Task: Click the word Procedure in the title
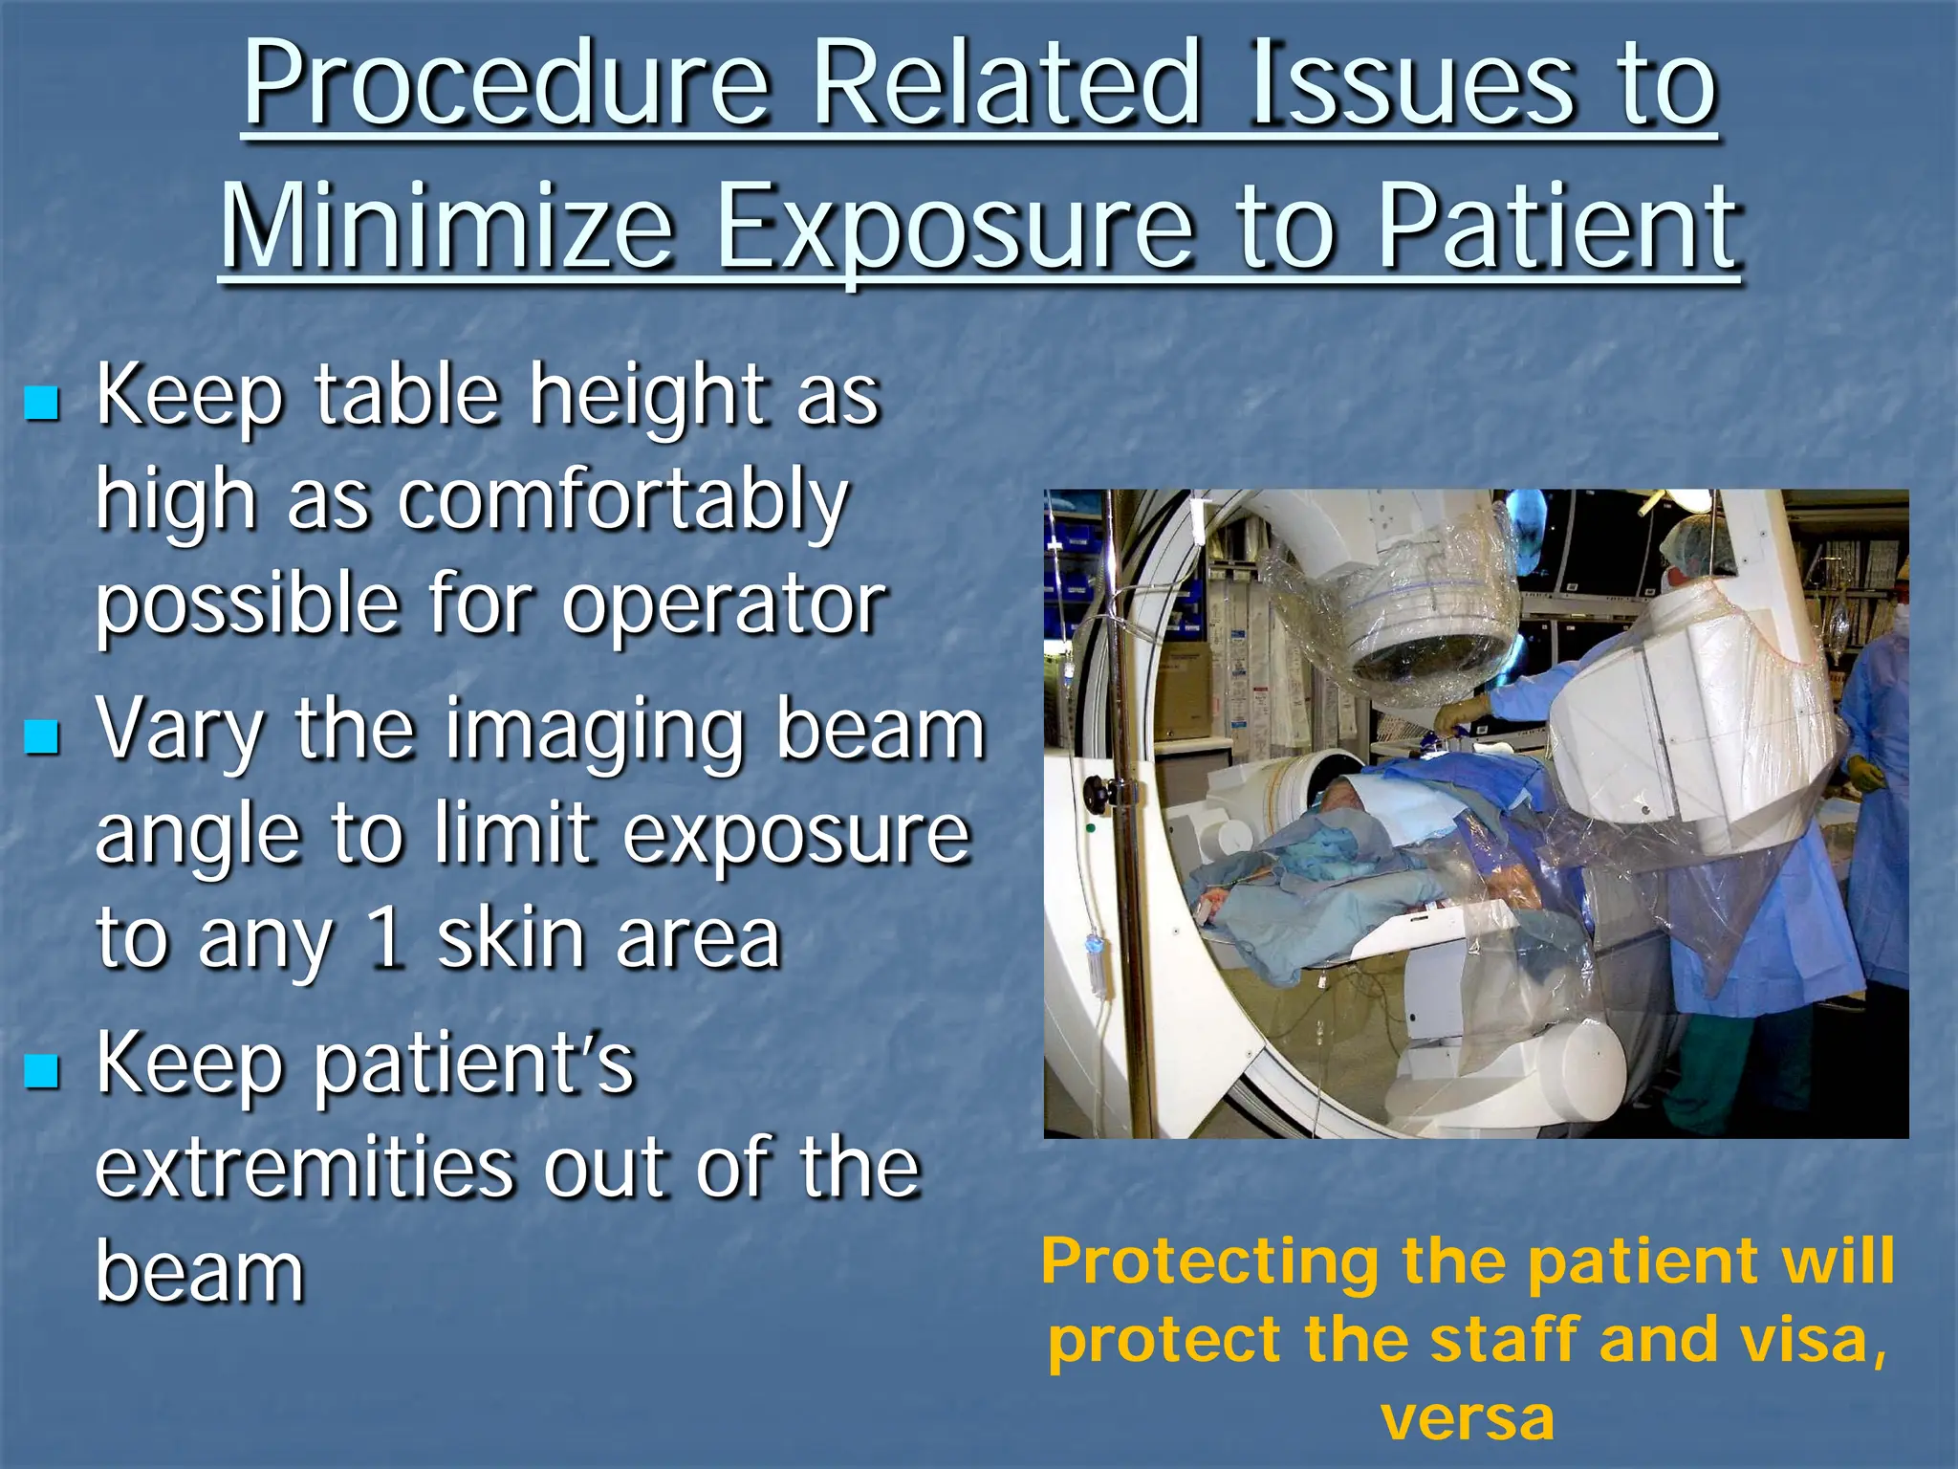click(x=507, y=88)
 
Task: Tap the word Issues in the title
click(x=1409, y=88)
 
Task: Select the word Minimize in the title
click(x=447, y=230)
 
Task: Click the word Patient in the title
click(x=1558, y=230)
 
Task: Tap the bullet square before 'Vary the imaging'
click(x=42, y=736)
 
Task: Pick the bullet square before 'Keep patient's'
click(x=42, y=1071)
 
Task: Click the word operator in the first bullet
click(x=724, y=606)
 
